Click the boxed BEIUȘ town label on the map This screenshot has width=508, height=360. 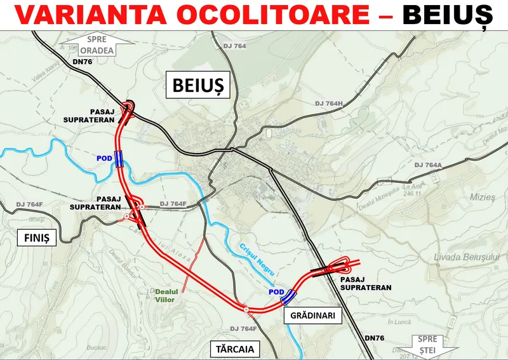tap(197, 84)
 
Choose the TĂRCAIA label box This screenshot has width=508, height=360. tap(232, 349)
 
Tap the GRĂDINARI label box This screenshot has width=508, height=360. tap(312, 314)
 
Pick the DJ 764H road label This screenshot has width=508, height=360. tap(329, 103)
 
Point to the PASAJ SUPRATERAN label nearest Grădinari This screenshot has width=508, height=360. tap(365, 283)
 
